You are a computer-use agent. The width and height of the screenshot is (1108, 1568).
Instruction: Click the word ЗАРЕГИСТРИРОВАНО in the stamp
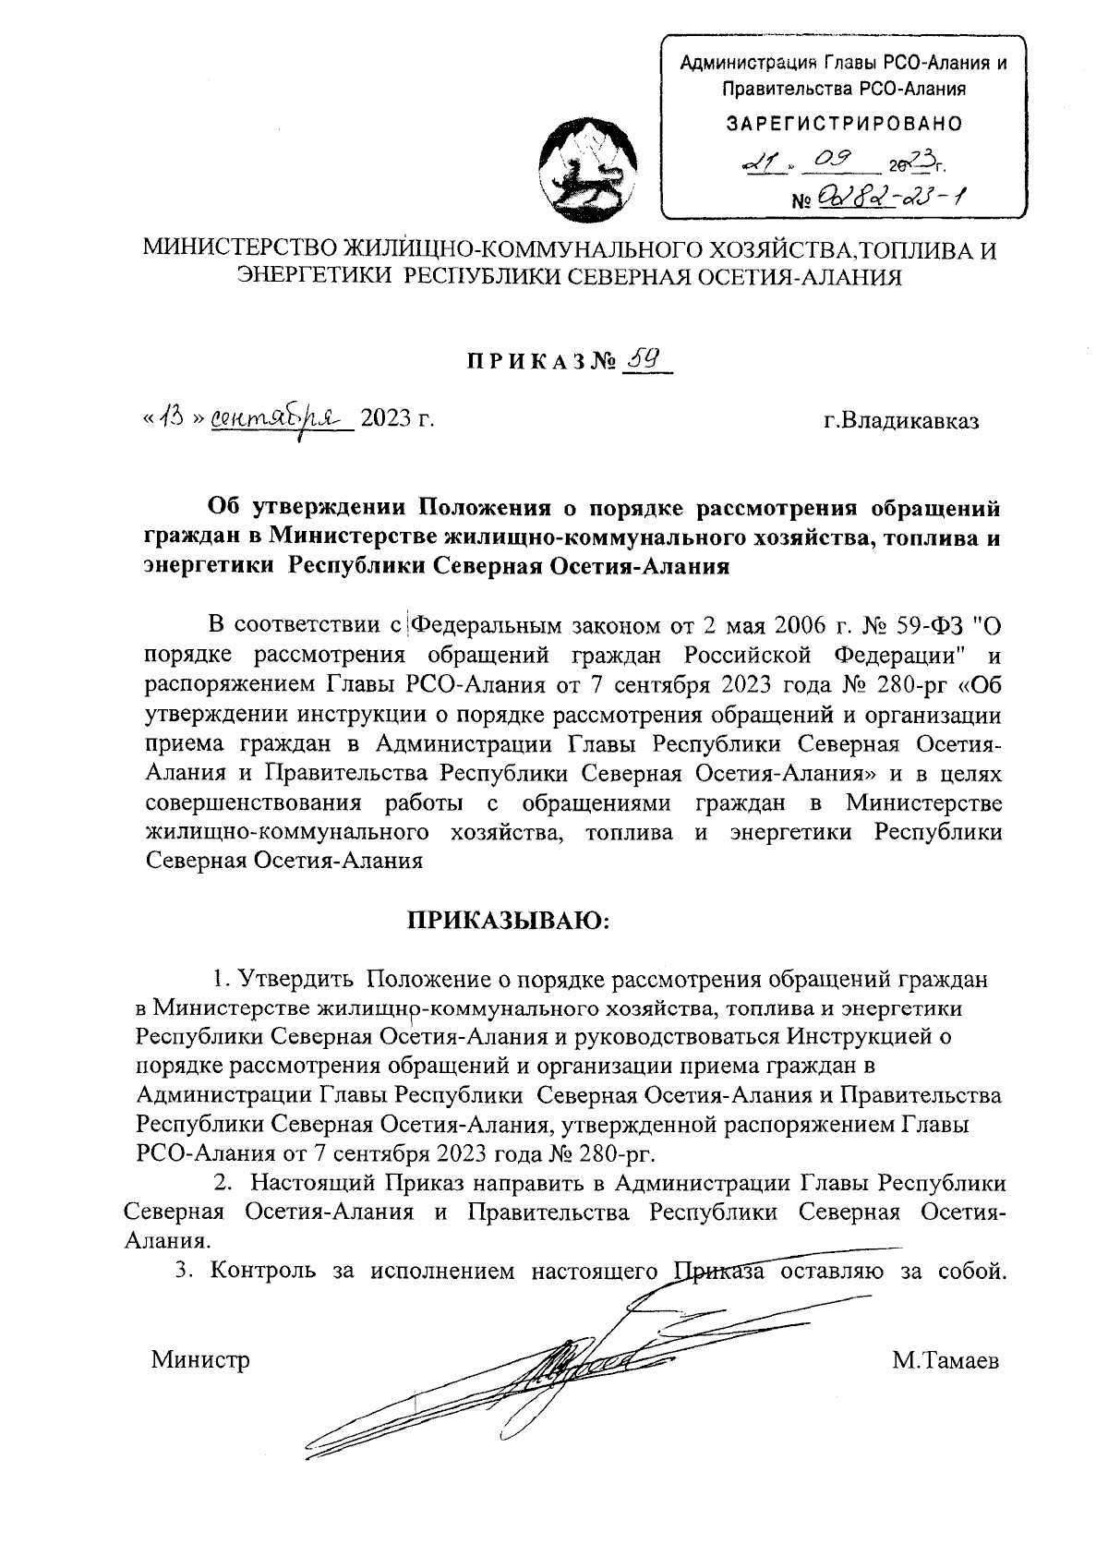coord(844,123)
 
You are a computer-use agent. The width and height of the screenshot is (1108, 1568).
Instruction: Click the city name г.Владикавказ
coord(901,421)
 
